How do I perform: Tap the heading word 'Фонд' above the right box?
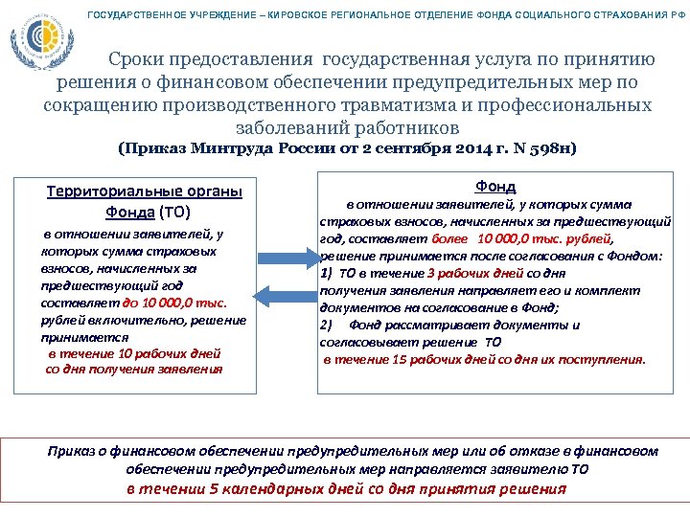tap(494, 186)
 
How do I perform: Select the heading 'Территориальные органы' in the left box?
tap(145, 191)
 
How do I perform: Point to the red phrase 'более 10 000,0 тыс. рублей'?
tap(522, 238)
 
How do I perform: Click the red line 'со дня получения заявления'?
tap(134, 368)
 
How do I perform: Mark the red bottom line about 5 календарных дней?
tap(346, 489)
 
